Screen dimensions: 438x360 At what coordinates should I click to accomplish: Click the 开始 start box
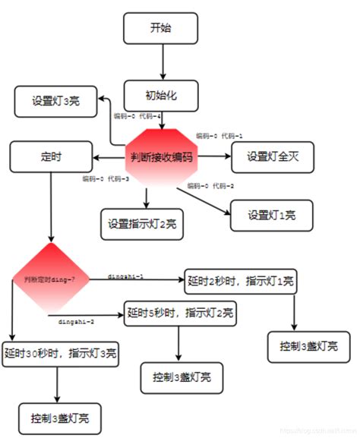tap(161, 27)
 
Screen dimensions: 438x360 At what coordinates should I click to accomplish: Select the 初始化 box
tap(161, 96)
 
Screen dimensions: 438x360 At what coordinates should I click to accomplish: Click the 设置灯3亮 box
tap(55, 101)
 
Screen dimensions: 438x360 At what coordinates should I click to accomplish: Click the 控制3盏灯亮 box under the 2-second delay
tap(303, 345)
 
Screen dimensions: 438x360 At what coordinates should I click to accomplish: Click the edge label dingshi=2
tap(77, 321)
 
